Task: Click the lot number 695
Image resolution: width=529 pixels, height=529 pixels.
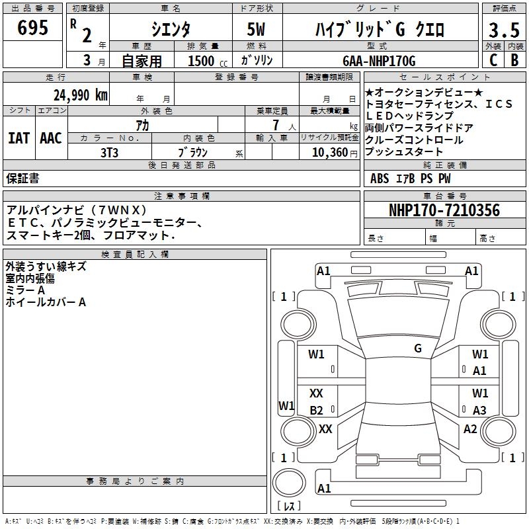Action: tap(34, 28)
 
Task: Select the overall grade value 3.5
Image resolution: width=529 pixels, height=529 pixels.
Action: tap(503, 30)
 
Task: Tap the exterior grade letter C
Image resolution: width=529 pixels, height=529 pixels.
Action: tap(493, 60)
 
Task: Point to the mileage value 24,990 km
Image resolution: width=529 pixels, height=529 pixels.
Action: tap(80, 95)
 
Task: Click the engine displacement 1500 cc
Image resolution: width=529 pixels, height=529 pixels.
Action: tap(205, 61)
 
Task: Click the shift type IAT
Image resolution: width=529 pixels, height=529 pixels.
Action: tap(19, 138)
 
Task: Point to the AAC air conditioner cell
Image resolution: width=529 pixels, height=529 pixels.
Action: tap(51, 138)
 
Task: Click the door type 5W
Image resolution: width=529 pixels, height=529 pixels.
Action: tap(257, 30)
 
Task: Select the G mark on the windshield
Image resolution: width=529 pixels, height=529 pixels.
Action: tap(418, 348)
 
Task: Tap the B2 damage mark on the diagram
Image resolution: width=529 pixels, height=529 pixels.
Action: tap(317, 411)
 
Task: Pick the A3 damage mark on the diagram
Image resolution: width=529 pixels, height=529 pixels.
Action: tap(479, 411)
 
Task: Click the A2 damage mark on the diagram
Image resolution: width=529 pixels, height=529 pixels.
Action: tap(470, 429)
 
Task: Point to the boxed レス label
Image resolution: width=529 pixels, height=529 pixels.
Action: tap(288, 507)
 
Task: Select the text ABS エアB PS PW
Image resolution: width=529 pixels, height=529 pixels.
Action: tap(401, 179)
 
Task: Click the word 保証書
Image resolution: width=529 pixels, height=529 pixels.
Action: tap(22, 178)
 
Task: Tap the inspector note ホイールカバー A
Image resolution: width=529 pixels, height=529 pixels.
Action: tap(46, 302)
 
